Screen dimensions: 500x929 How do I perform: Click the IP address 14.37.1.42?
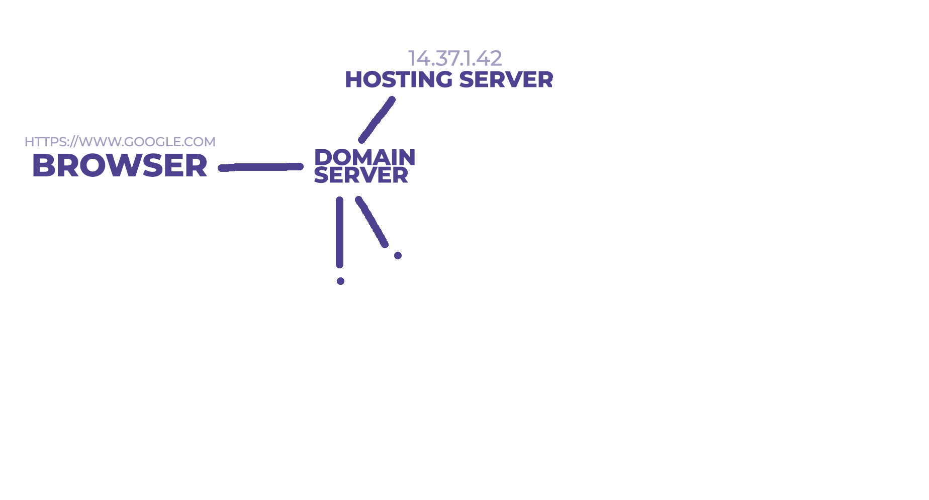pyautogui.click(x=454, y=58)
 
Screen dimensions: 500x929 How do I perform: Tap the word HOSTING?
pyautogui.click(x=398, y=80)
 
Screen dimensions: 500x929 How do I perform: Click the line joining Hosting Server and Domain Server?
pyautogui.click(x=377, y=120)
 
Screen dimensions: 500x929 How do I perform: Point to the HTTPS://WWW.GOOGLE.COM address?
pyautogui.click(x=120, y=142)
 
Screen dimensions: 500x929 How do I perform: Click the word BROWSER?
pyautogui.click(x=120, y=165)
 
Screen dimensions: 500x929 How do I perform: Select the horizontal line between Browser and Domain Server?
pyautogui.click(x=260, y=167)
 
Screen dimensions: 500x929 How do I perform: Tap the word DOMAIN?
pyautogui.click(x=364, y=157)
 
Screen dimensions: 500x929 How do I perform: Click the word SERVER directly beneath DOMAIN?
pyautogui.click(x=360, y=175)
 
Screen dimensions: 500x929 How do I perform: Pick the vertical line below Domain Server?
pyautogui.click(x=340, y=232)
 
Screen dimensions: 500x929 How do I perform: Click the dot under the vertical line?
pyautogui.click(x=340, y=281)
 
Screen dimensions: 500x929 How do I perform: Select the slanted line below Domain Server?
pyautogui.click(x=371, y=222)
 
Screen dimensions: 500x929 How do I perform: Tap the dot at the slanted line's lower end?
pyautogui.click(x=398, y=255)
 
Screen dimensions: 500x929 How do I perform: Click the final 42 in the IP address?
pyautogui.click(x=489, y=58)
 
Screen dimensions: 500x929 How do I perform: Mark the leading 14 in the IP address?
pyautogui.click(x=419, y=58)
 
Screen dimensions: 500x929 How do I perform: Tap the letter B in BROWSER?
pyautogui.click(x=43, y=165)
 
